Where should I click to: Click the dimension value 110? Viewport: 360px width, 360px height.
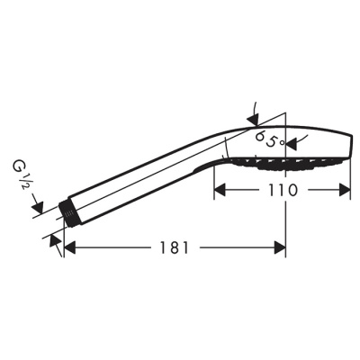pos(282,191)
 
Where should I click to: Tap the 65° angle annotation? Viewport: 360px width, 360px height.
pos(269,139)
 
